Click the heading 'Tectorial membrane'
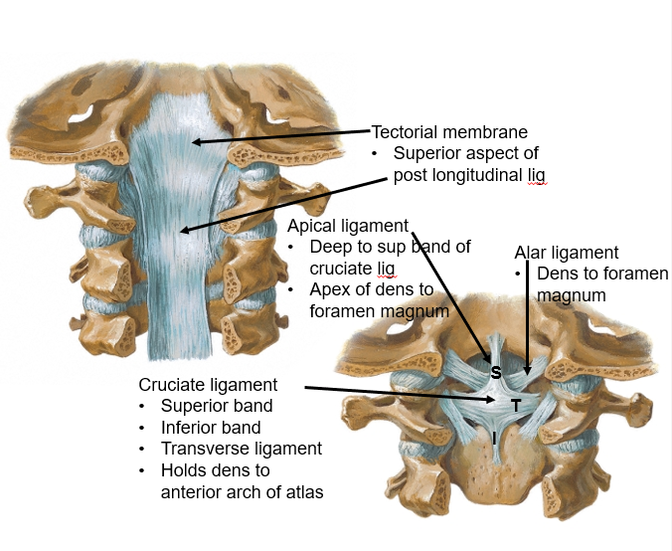pyautogui.click(x=449, y=132)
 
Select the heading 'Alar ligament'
pyautogui.click(x=566, y=253)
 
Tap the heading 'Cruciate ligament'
pyautogui.click(x=208, y=384)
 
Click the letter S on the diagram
pyautogui.click(x=496, y=373)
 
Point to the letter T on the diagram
pyautogui.click(x=516, y=405)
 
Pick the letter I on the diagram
pyautogui.click(x=494, y=438)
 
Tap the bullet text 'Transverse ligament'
pyautogui.click(x=242, y=449)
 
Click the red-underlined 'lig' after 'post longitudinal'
pyautogui.click(x=536, y=175)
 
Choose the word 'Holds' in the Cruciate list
pyautogui.click(x=185, y=470)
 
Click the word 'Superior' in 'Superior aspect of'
pyautogui.click(x=426, y=153)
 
